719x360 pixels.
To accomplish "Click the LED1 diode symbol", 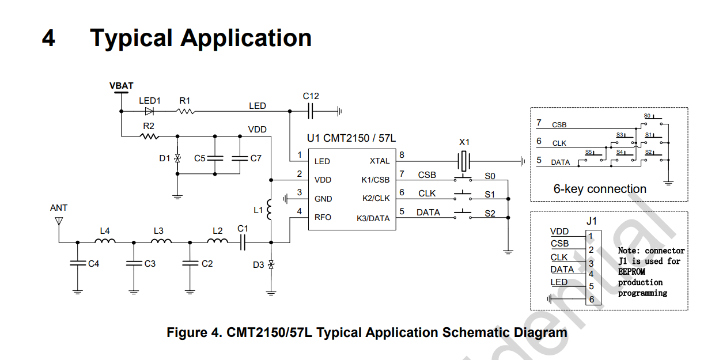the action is [149, 111].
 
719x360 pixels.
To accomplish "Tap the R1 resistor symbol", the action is [186, 111].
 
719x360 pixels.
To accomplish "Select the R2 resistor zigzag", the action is [150, 137].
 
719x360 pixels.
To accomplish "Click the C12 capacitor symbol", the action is [311, 111].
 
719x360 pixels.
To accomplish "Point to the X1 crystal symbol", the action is [464, 161].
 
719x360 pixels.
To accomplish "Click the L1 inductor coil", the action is [269, 210].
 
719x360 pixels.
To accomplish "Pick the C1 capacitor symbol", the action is [243, 242].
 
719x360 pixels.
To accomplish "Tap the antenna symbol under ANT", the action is [59, 221].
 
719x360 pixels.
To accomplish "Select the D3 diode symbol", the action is [271, 265].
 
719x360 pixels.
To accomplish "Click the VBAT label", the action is [122, 86].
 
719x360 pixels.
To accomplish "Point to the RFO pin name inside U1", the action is [323, 218].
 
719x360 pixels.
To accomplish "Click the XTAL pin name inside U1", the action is [380, 161].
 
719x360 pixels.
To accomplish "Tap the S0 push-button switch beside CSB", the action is [463, 178].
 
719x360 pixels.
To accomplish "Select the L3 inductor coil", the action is [161, 241].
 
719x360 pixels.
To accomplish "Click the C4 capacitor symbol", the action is [78, 263].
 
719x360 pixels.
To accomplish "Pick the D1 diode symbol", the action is [177, 158].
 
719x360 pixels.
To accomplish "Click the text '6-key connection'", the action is [600, 189].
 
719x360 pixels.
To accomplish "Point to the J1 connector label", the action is [591, 221].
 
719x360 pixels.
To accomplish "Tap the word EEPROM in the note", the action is [631, 272].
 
